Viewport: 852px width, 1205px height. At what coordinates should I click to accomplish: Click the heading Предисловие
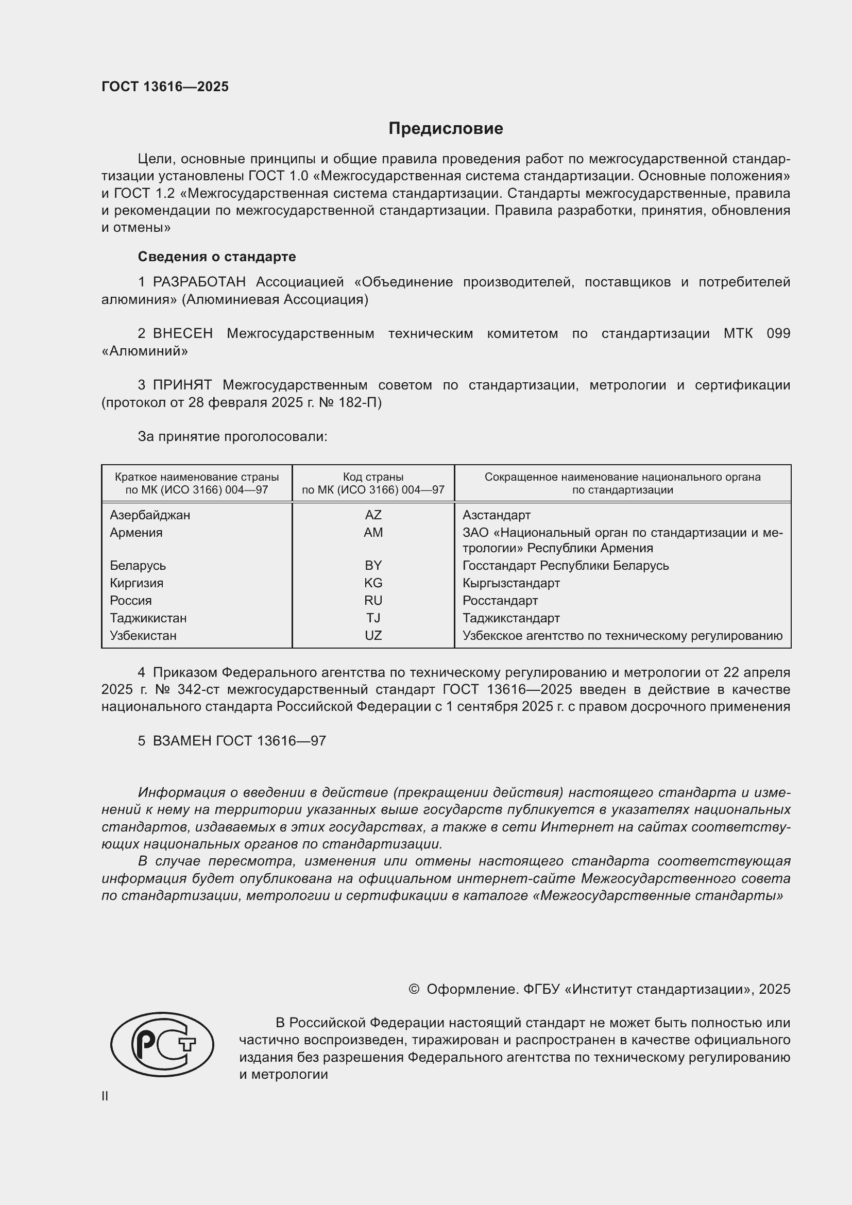446,129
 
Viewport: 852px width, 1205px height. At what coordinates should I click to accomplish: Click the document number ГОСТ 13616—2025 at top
165,87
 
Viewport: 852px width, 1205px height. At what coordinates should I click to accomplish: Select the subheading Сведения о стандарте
217,257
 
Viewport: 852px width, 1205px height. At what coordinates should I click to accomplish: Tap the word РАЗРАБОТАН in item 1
199,282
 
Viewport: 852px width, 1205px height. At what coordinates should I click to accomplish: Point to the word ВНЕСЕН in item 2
182,334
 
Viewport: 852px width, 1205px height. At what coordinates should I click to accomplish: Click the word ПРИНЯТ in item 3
182,385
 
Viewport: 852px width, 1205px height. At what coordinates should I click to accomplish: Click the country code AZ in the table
373,515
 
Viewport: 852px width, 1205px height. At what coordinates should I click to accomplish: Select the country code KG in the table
373,583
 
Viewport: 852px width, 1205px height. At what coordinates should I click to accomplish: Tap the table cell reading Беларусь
138,566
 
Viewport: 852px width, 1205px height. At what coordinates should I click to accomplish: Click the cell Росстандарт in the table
500,600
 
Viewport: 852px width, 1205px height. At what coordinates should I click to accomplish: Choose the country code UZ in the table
373,636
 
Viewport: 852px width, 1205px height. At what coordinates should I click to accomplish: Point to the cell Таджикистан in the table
148,618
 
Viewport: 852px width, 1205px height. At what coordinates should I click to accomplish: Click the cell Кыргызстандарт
511,583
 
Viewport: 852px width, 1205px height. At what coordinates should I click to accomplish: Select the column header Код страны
373,477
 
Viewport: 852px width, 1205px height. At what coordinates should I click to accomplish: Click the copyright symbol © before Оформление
414,989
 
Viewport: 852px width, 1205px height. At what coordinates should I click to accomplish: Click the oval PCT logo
162,1044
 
